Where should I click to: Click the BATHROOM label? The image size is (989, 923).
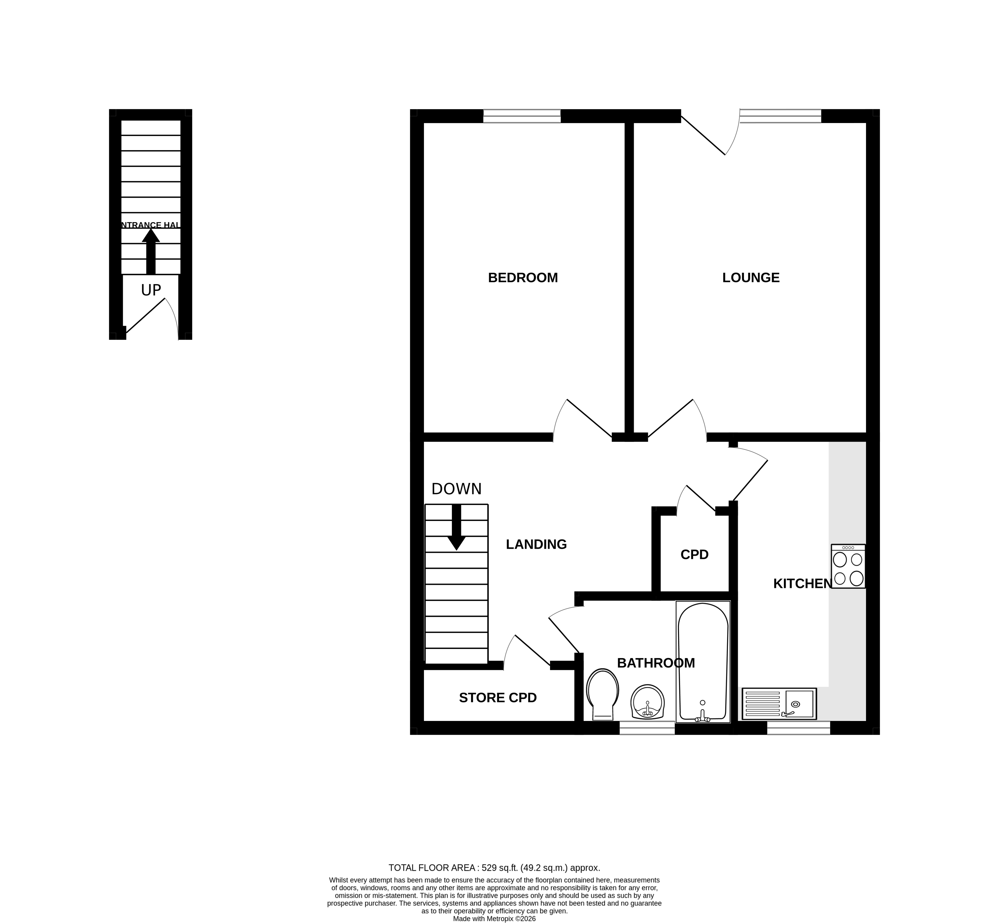pyautogui.click(x=655, y=663)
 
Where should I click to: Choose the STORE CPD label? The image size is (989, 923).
pyautogui.click(x=498, y=698)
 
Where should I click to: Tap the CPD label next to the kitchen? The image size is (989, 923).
pyautogui.click(x=694, y=554)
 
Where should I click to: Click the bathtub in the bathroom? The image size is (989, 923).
pyautogui.click(x=702, y=662)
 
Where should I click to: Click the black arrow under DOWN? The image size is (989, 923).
pyautogui.click(x=456, y=527)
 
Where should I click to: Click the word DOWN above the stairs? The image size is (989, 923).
pyautogui.click(x=456, y=489)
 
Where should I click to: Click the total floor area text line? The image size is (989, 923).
pyautogui.click(x=494, y=868)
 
